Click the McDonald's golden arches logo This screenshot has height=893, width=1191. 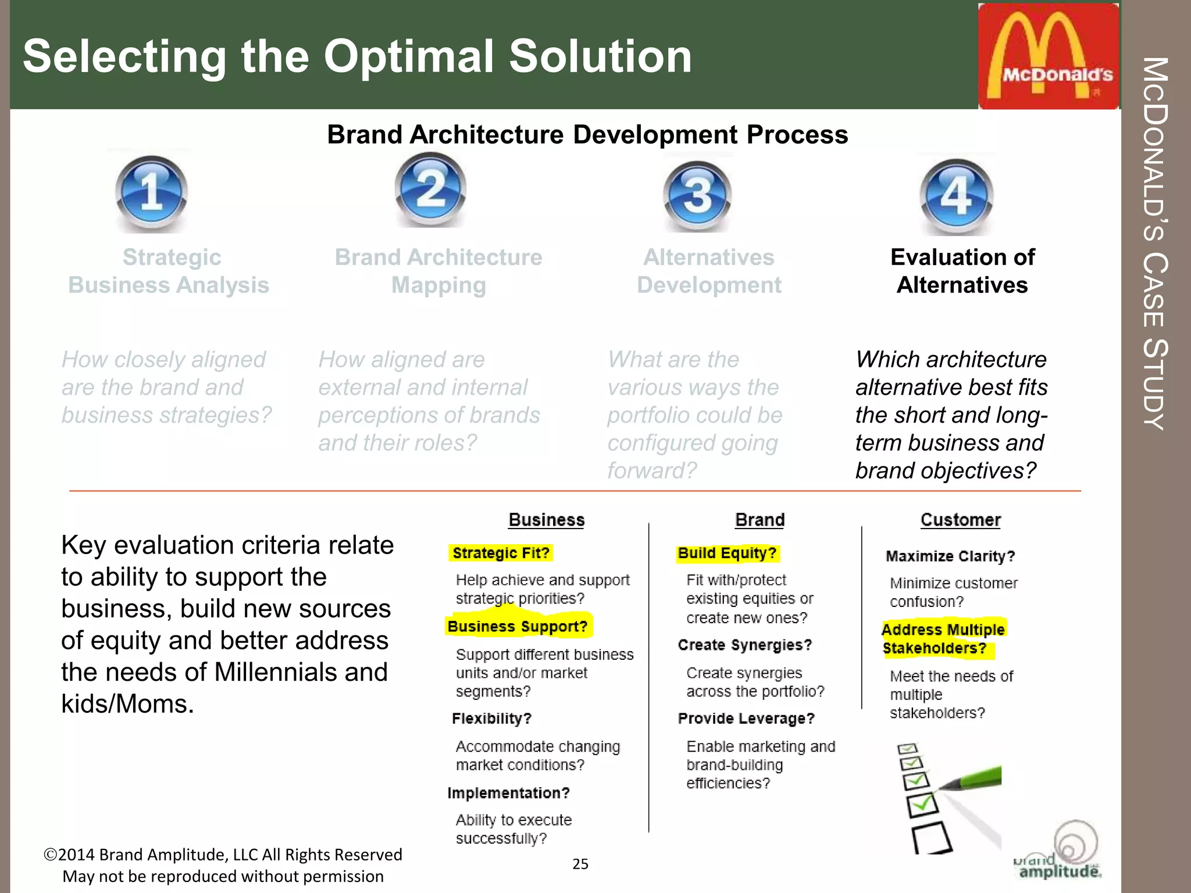coord(1048,56)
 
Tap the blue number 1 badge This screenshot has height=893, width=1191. coord(152,193)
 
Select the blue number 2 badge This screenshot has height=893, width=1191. coord(430,189)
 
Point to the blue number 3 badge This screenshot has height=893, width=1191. coord(697,195)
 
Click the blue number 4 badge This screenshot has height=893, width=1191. coord(956,195)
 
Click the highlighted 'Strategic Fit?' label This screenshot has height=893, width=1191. coord(501,553)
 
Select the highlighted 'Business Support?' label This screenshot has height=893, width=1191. coord(518,627)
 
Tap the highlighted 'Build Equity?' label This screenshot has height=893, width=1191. coord(727,553)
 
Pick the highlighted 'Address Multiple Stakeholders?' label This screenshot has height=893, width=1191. coord(942,639)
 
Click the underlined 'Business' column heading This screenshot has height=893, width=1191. coord(547,520)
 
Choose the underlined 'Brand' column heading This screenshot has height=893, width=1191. coord(759,520)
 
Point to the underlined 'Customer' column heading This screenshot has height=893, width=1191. coord(960,520)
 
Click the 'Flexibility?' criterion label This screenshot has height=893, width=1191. coord(491,719)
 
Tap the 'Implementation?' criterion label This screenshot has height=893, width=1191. coord(508,793)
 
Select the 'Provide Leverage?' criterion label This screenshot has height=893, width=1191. coord(746,719)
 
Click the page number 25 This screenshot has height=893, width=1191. coord(580,864)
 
